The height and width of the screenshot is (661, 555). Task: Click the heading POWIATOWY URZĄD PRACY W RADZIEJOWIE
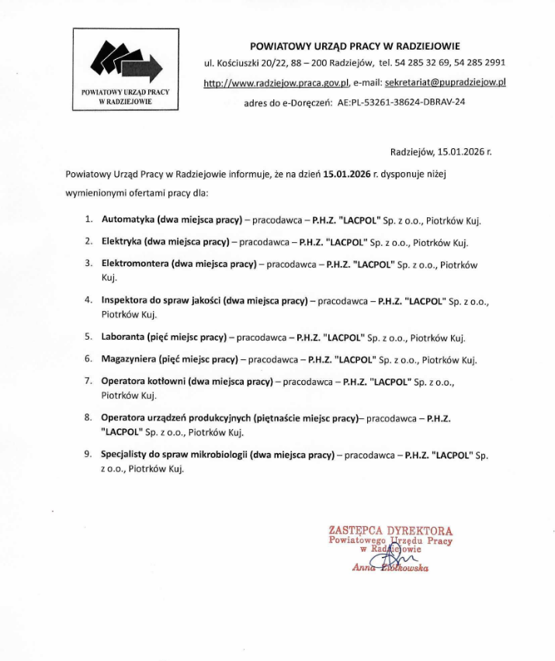tap(354, 47)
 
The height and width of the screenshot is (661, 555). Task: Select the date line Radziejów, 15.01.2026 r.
tap(440, 153)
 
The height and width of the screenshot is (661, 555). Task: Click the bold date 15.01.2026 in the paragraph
tap(347, 175)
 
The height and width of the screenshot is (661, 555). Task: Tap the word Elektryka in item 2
tap(123, 241)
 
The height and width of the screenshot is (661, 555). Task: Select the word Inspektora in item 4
tap(125, 299)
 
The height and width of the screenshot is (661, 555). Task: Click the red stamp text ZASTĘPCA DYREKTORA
tap(390, 531)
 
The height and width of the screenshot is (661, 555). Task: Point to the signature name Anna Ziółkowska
tap(390, 568)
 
